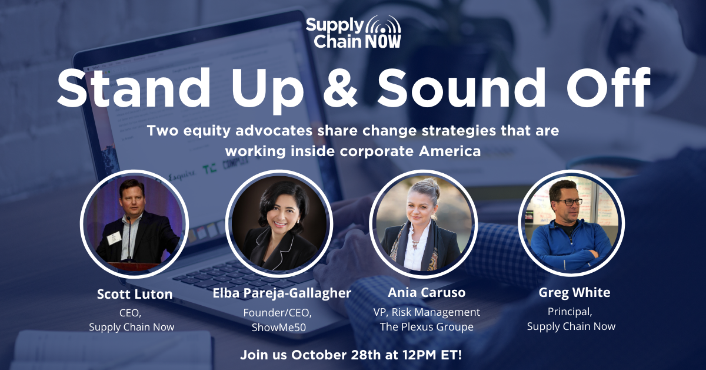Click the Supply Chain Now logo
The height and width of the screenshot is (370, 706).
click(354, 32)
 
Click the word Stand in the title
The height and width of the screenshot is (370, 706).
click(134, 88)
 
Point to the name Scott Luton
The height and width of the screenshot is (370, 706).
click(135, 294)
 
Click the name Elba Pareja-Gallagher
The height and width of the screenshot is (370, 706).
click(282, 293)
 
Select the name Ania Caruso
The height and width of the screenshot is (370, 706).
click(427, 292)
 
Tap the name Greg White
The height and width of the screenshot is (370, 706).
click(574, 293)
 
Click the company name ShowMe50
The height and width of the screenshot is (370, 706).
click(279, 328)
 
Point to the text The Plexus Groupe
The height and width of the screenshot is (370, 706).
click(427, 327)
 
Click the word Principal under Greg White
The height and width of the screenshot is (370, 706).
click(570, 312)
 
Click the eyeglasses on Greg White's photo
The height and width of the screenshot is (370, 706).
click(570, 202)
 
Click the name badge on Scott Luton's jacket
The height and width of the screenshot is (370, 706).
click(114, 237)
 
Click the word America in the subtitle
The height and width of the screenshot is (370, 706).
click(449, 151)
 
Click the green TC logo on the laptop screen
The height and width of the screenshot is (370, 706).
click(209, 170)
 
